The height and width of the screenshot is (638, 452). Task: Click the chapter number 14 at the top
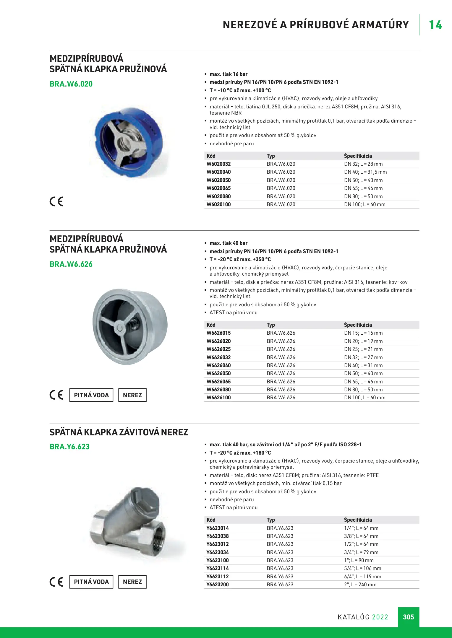tap(435, 25)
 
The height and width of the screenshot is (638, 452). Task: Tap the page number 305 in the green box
tap(408, 617)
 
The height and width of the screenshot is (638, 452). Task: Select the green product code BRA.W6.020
tap(71, 84)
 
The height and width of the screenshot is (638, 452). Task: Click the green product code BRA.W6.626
tap(71, 264)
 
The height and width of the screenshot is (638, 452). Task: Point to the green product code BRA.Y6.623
tap(69, 447)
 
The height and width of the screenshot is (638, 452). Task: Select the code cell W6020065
tap(218, 188)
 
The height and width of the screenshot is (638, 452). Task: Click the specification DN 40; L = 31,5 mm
tap(365, 172)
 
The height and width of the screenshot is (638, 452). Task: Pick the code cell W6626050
tap(218, 373)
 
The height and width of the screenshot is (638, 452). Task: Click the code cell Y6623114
tap(218, 568)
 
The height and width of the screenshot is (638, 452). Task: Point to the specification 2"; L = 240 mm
tap(360, 585)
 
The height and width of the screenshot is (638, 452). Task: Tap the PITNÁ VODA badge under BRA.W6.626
tap(91, 395)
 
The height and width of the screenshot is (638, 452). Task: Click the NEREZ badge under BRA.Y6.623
tap(132, 582)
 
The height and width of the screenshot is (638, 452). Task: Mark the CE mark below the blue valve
tap(56, 201)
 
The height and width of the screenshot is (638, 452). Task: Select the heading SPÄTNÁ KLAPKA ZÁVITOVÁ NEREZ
tap(119, 432)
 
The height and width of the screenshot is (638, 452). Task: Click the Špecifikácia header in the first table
tap(358, 156)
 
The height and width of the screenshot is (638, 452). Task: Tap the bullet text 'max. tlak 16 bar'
tap(229, 74)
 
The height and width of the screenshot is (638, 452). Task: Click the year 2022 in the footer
tap(380, 617)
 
